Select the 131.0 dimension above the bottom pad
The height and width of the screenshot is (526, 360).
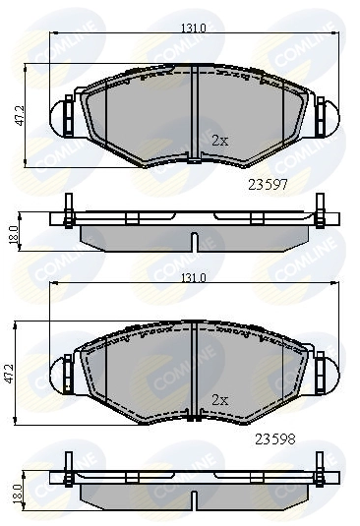(193, 278)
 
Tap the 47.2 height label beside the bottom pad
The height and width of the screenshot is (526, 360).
(13, 374)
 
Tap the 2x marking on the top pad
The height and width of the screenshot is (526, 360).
(220, 140)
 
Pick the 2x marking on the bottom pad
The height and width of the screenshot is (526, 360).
(220, 400)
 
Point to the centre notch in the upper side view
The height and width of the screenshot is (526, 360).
(195, 240)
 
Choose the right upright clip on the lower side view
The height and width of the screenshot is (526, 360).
(320, 469)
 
